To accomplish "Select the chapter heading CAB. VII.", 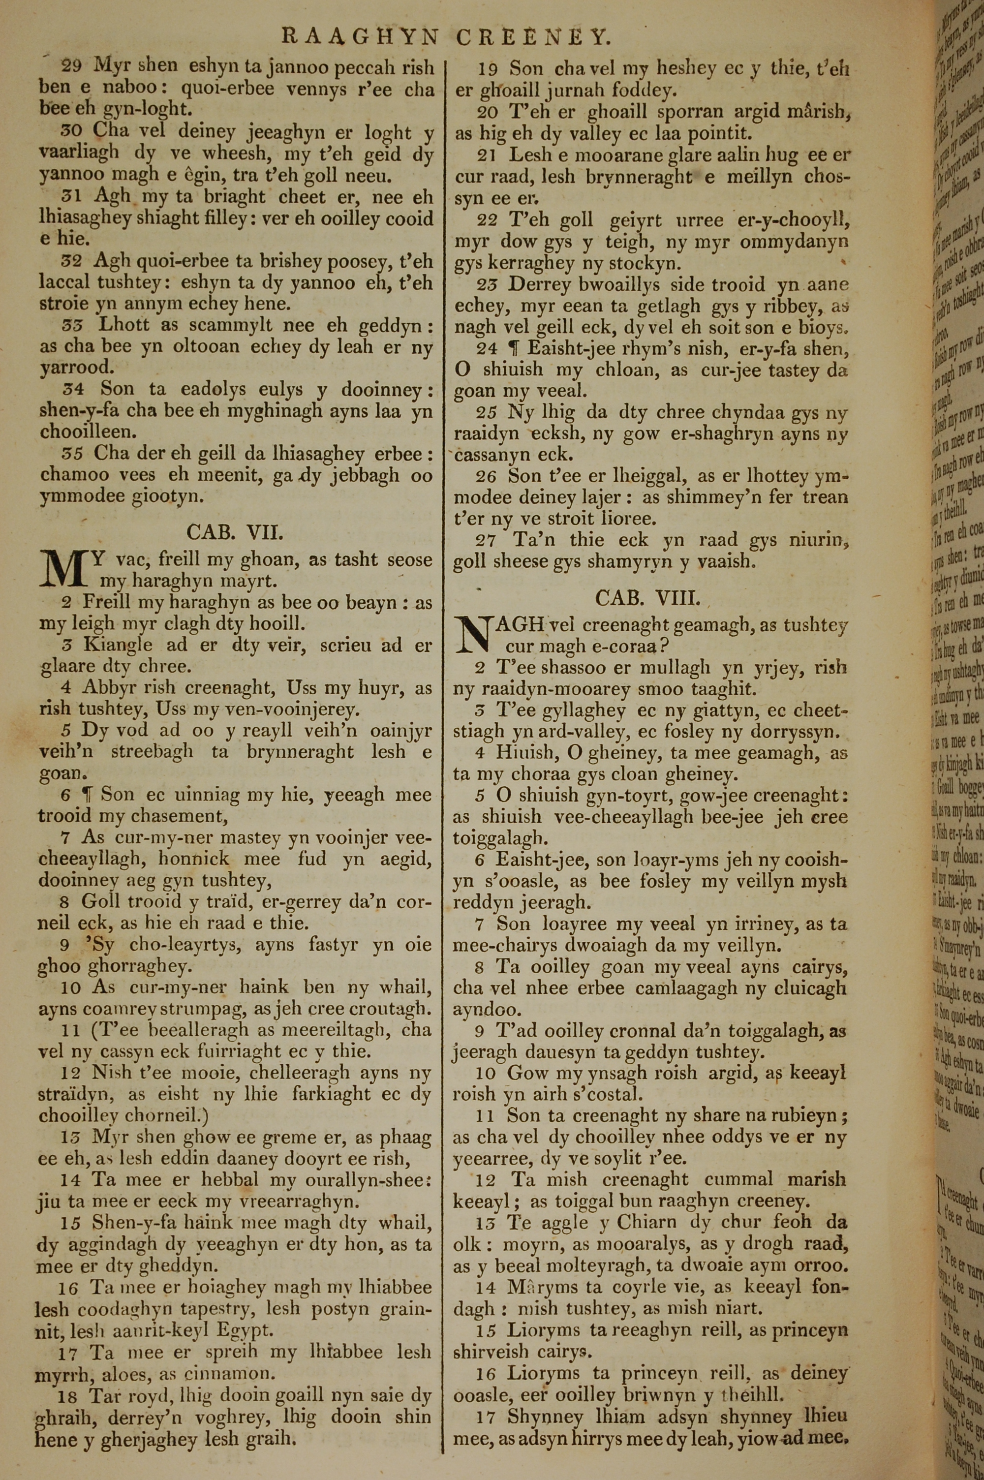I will tap(235, 533).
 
